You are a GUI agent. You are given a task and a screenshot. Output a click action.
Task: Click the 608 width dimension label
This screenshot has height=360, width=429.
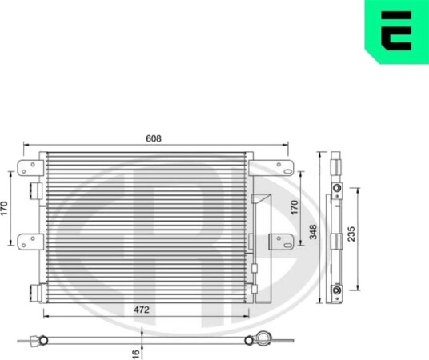click(x=154, y=138)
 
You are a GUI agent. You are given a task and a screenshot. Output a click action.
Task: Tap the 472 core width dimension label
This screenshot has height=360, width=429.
click(x=142, y=310)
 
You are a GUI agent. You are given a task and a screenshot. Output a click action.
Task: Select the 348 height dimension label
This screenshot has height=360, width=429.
click(x=313, y=232)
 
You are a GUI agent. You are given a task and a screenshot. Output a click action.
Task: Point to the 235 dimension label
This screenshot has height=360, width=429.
click(x=351, y=234)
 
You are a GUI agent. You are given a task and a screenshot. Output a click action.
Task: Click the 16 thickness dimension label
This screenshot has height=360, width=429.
click(x=136, y=354)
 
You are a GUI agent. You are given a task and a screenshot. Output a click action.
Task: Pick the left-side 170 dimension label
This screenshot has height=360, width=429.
click(x=4, y=208)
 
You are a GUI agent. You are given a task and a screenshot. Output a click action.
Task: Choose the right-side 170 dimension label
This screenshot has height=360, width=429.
click(x=294, y=207)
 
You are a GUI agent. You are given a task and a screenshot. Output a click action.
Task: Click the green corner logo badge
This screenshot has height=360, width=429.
click(x=397, y=32)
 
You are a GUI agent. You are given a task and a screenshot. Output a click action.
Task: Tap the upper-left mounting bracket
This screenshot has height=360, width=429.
click(x=30, y=168)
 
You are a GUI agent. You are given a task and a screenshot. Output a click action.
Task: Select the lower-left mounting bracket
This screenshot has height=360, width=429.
click(x=30, y=242)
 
